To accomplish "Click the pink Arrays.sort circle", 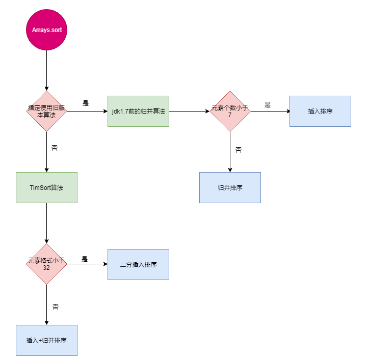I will click(x=46, y=30).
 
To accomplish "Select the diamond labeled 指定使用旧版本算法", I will click(x=46, y=111).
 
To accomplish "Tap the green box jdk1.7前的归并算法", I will click(x=138, y=111).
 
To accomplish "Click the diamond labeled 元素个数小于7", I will click(x=230, y=111).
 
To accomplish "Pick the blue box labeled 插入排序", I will click(x=320, y=111).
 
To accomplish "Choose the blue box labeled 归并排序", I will click(x=230, y=187).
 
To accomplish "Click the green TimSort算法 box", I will click(x=46, y=187).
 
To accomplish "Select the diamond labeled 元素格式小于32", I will click(x=46, y=264).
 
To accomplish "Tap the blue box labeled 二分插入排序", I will click(x=138, y=264).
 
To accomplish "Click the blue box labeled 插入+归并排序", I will click(x=46, y=340).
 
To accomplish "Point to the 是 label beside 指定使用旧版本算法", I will click(x=86, y=103).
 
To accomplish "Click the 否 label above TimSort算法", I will click(x=55, y=148).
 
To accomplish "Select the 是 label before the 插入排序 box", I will click(x=268, y=105).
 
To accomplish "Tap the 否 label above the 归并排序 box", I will click(x=238, y=150).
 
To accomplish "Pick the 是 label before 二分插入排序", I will click(x=85, y=259).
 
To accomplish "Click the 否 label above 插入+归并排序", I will click(x=55, y=307).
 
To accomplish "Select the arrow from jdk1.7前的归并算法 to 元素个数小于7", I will click(x=189, y=111).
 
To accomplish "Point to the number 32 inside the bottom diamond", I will click(x=46, y=268).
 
